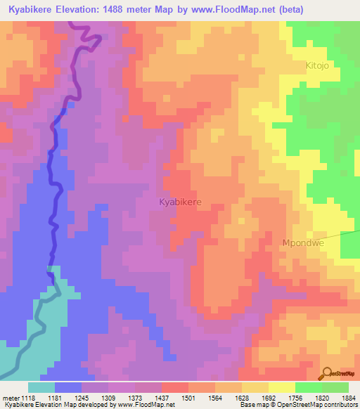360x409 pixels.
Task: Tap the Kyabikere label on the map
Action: pos(180,202)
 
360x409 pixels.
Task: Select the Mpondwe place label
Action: pos(302,243)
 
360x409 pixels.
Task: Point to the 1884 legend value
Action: pos(349,398)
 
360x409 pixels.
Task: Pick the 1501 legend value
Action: pos(188,398)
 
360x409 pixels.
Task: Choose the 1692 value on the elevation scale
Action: pos(268,398)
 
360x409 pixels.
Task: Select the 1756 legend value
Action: pos(295,398)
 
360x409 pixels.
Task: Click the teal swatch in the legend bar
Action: pos(41,387)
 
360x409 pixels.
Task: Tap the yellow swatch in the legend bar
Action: pos(281,387)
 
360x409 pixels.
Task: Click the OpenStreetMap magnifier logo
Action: pos(328,374)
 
